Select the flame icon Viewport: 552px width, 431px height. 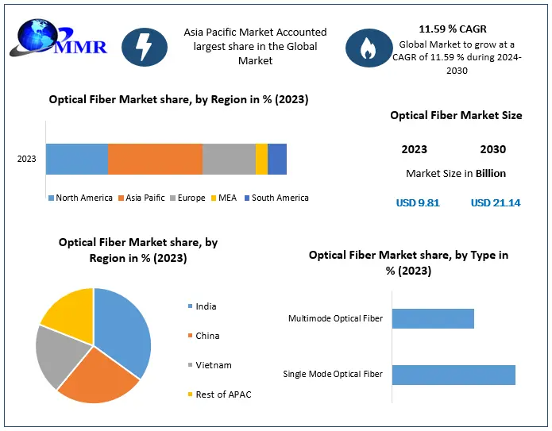point(368,48)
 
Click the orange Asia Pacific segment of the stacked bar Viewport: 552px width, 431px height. point(155,159)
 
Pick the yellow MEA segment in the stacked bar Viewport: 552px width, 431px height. point(261,159)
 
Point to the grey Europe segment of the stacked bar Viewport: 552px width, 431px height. point(229,159)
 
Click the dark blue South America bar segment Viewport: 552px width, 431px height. point(277,159)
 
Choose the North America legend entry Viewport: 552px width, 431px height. point(80,198)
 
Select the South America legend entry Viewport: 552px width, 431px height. point(276,198)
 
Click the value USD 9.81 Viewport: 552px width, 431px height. point(418,202)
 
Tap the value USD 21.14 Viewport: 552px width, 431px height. point(496,202)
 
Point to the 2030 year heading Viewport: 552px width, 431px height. point(493,149)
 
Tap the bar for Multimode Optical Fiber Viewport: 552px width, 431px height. point(433,318)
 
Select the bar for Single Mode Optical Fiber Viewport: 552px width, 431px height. point(454,374)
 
